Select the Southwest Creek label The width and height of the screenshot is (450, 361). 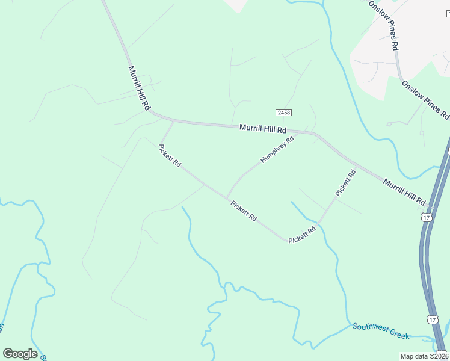(380, 330)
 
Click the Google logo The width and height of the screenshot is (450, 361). (20, 354)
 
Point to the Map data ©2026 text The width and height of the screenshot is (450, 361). (424, 356)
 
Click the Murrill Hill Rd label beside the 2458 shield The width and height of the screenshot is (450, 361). (263, 129)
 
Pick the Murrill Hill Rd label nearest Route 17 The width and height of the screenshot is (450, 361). (404, 191)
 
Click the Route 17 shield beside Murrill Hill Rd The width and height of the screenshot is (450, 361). (427, 217)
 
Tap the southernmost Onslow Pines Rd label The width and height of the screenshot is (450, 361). (425, 99)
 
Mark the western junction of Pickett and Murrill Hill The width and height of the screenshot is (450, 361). (173, 122)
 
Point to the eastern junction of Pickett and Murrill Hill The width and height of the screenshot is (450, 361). (356, 166)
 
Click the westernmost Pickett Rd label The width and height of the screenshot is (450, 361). (170, 156)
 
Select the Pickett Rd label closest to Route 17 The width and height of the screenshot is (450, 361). (346, 183)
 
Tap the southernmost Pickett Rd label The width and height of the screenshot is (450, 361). (303, 235)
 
